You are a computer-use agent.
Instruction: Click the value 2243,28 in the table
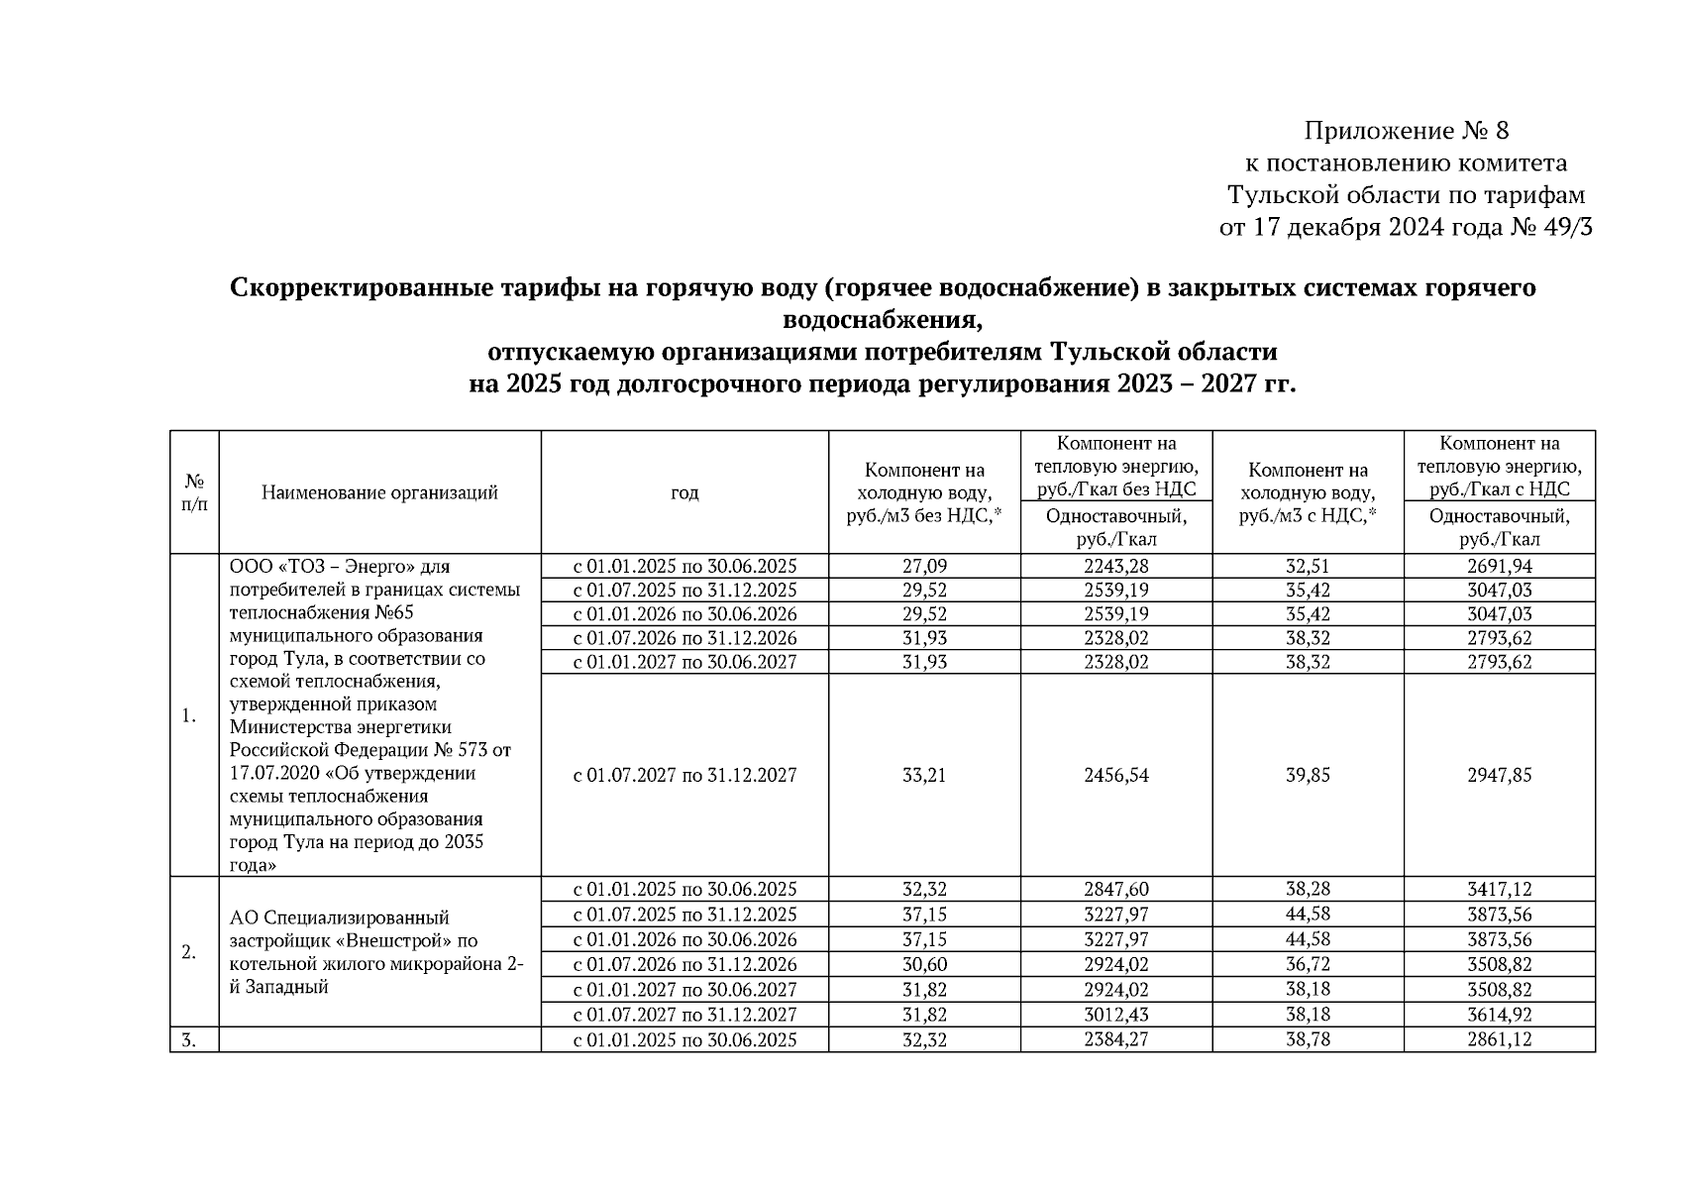tap(1116, 567)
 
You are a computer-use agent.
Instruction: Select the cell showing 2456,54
tap(1116, 775)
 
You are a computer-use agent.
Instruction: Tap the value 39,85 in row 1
tap(1308, 775)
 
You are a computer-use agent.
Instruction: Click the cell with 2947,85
tap(1499, 775)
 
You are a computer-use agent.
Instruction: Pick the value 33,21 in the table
tap(924, 775)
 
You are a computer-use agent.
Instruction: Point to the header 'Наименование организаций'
tap(379, 492)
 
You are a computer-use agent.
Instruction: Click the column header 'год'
tap(684, 492)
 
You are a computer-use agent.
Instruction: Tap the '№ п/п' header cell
tap(194, 492)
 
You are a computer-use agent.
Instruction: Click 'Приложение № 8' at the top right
tap(1406, 131)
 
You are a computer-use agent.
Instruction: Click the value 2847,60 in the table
tap(1116, 890)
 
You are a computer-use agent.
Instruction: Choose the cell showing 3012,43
tap(1116, 1015)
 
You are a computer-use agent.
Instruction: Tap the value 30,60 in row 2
tap(924, 964)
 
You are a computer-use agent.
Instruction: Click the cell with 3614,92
tap(1499, 1015)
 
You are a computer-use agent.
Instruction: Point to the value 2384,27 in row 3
tap(1116, 1040)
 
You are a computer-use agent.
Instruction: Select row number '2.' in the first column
tap(189, 952)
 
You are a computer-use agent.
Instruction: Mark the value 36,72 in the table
tap(1308, 964)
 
